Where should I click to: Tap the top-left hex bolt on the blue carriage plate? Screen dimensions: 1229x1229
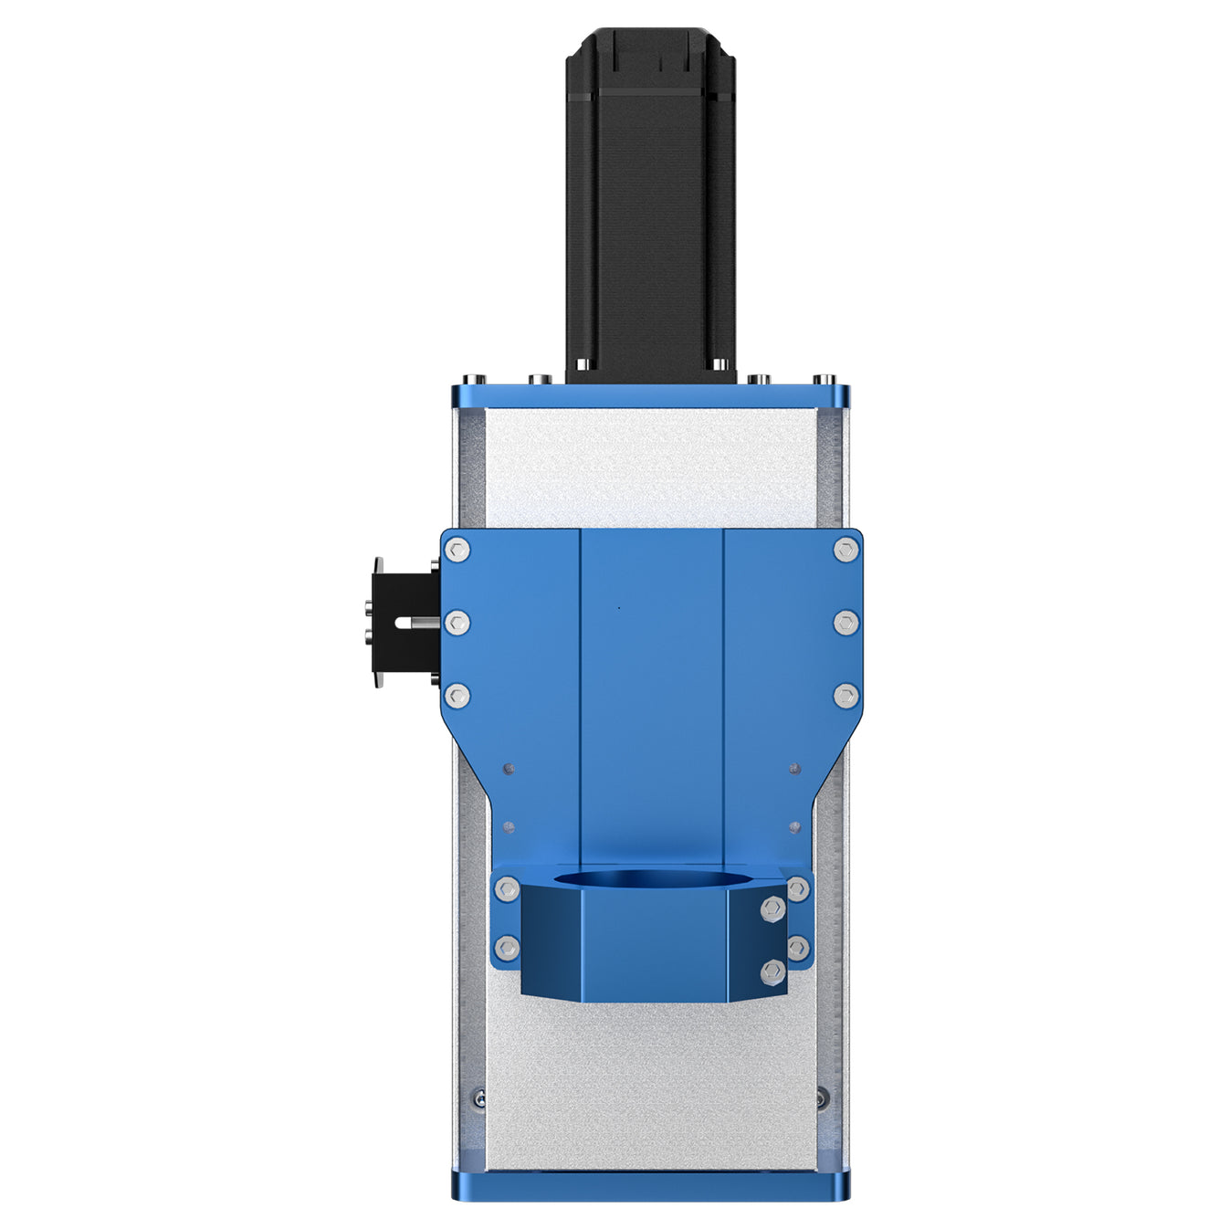click(457, 550)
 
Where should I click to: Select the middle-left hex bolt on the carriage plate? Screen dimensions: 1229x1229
click(457, 623)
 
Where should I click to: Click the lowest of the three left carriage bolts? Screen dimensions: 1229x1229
click(457, 697)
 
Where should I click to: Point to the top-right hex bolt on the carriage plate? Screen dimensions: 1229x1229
click(846, 550)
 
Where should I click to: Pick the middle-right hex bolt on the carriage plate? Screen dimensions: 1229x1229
click(846, 623)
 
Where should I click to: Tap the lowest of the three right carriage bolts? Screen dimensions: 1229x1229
click(846, 697)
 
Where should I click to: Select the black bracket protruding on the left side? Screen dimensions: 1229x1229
click(402, 621)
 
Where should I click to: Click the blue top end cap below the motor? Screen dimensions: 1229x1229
click(650, 396)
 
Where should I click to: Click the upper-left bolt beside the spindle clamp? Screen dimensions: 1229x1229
click(506, 888)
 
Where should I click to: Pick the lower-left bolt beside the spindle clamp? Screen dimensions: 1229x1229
click(506, 948)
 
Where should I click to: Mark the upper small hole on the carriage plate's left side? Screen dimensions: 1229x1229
click(509, 769)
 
